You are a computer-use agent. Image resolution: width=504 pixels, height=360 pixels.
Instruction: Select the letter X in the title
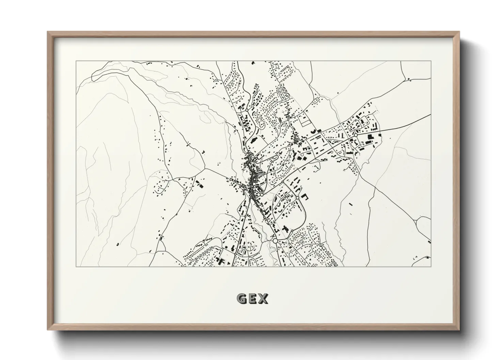[x=263, y=299]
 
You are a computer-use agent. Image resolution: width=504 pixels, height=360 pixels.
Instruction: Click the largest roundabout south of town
[x=275, y=241]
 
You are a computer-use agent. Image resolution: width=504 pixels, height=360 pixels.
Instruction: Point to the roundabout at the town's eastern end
[x=356, y=135]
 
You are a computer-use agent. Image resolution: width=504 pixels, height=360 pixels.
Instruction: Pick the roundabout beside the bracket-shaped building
[x=297, y=198]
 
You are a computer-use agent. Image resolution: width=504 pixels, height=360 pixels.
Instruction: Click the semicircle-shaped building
[x=319, y=130]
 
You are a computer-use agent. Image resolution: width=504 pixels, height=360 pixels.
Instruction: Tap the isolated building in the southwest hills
[x=117, y=244]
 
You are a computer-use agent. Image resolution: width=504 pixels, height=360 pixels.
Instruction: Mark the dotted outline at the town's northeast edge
[x=377, y=110]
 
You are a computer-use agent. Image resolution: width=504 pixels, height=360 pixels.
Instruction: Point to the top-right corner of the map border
[x=431, y=61]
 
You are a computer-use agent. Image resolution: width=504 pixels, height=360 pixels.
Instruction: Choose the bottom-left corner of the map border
[x=76, y=266]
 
